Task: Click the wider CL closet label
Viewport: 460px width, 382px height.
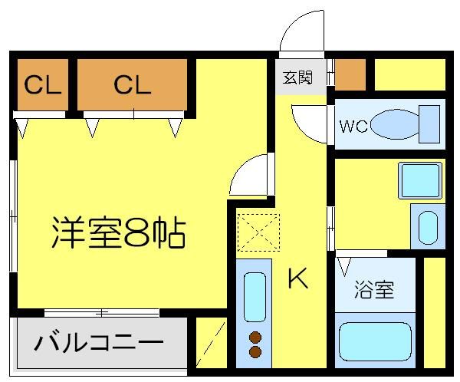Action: coord(133,85)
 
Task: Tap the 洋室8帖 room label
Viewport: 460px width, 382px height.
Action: coord(119,232)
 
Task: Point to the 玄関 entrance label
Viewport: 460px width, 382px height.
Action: coord(297,78)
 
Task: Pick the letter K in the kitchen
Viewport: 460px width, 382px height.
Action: coord(297,281)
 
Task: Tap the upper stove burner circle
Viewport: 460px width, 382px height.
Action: coord(255,337)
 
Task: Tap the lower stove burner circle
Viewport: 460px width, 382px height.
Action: coord(255,352)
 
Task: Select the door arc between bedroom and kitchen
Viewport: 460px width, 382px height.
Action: coord(250,176)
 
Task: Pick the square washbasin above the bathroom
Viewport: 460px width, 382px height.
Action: coord(420,180)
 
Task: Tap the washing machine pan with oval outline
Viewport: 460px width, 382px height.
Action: coord(427,226)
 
